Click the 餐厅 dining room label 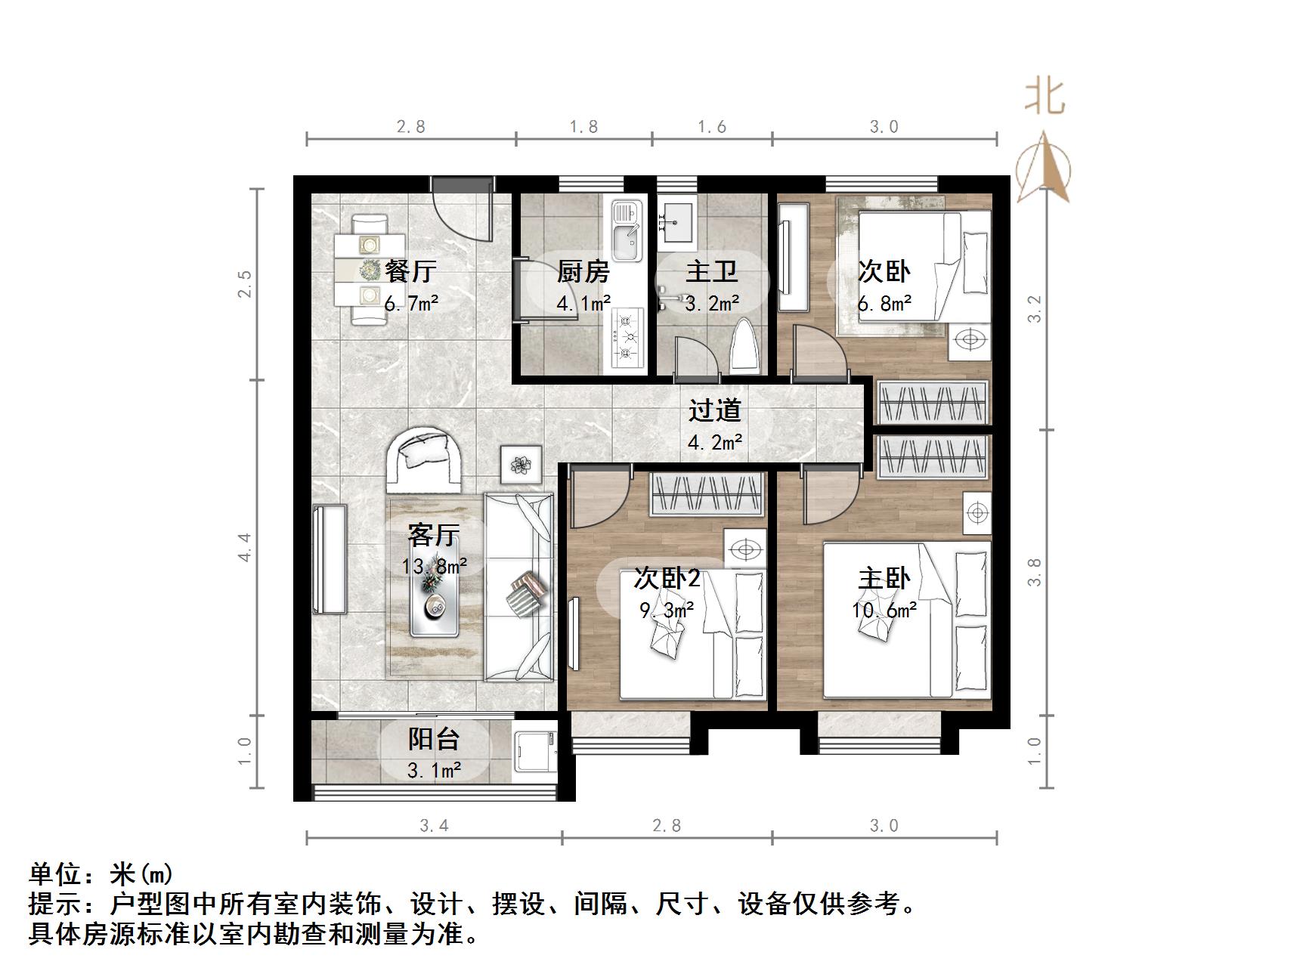[x=410, y=271]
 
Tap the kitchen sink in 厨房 [x=626, y=229]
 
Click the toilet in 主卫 [x=744, y=346]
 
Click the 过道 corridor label [x=714, y=410]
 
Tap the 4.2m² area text [x=714, y=442]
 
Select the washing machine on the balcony [x=534, y=752]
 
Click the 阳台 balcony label [x=434, y=738]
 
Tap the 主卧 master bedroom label [x=884, y=578]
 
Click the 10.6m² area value [x=884, y=610]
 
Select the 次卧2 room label [x=667, y=578]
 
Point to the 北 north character [x=1045, y=97]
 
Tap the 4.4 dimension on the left [x=244, y=547]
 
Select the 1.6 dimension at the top [x=711, y=127]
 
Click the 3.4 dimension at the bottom [x=434, y=826]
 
